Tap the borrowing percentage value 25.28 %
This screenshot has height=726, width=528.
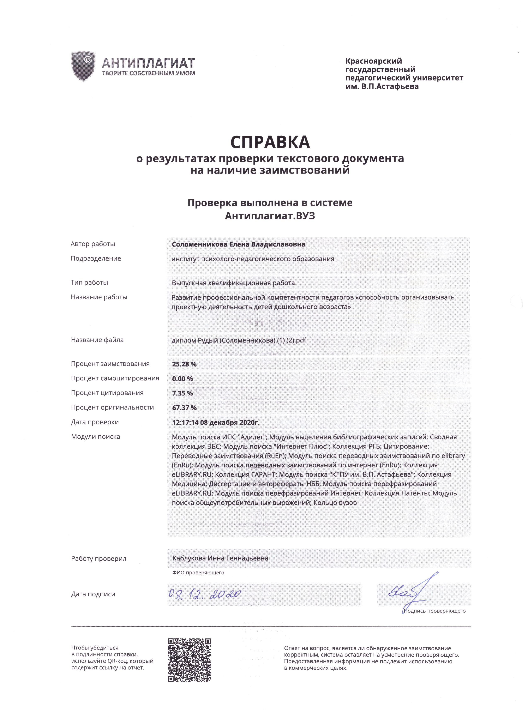tap(184, 364)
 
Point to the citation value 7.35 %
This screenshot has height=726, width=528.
tap(182, 393)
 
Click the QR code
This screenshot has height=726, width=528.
tap(190, 660)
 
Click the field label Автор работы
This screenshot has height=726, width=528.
tap(93, 244)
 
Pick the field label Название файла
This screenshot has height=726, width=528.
tap(97, 340)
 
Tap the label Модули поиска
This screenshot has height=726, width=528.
tap(95, 437)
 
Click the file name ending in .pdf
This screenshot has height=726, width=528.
tap(239, 340)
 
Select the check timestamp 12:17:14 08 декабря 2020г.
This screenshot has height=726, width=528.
tap(216, 422)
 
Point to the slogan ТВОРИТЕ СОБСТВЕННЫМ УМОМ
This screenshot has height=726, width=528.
tap(148, 73)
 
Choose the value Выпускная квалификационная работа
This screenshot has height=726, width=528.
tap(233, 283)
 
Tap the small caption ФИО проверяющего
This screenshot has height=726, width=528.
tap(198, 573)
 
